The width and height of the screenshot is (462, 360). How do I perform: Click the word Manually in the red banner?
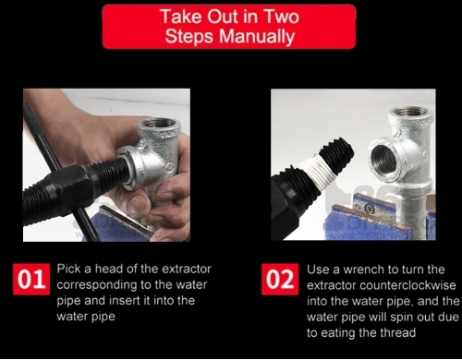257,37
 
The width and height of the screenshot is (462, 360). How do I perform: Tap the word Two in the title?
282,17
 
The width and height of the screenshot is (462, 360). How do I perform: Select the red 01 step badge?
31,279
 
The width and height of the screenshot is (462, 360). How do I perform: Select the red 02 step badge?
280,279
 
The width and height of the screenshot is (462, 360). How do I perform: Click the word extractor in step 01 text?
187,269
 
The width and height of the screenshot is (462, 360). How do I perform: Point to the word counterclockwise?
407,285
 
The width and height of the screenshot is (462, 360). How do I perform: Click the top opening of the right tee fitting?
410,112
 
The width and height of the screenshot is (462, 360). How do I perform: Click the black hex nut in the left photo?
69,189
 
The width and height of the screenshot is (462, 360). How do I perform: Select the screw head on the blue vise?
370,209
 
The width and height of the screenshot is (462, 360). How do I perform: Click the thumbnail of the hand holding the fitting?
106,165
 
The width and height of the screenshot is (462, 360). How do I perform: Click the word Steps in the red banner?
188,37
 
